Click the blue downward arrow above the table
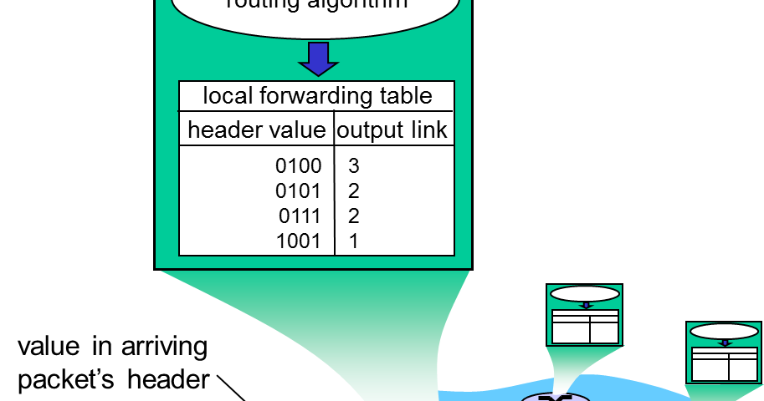(x=318, y=58)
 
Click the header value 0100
(x=299, y=166)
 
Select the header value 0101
(x=299, y=191)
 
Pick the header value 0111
(x=300, y=216)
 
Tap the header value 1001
(x=299, y=241)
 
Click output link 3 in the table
(x=353, y=166)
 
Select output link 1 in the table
(x=353, y=241)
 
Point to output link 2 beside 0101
(x=353, y=191)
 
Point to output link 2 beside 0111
(x=353, y=216)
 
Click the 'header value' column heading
(x=256, y=130)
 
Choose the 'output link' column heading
(x=392, y=130)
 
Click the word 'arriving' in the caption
(x=162, y=346)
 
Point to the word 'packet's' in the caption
(x=69, y=379)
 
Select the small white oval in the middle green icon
(x=586, y=294)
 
